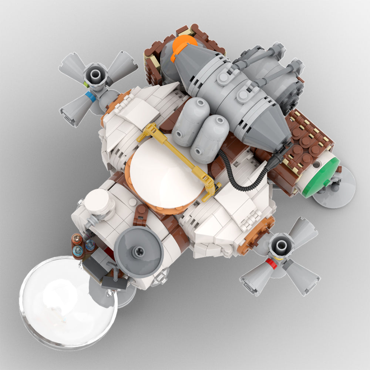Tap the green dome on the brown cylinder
click(321, 177)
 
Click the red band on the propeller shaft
click(272, 264)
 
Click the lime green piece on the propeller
click(86, 85)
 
